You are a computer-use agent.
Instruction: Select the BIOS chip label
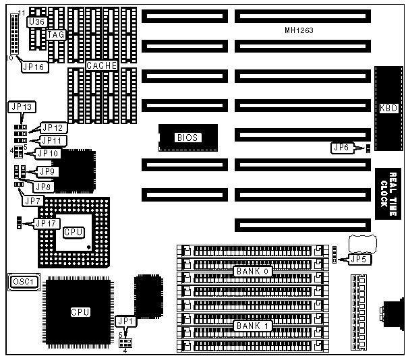pyautogui.click(x=187, y=138)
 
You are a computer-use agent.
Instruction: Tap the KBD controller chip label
pyautogui.click(x=388, y=109)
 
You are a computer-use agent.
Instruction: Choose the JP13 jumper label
pyautogui.click(x=23, y=107)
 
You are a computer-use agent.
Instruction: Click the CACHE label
pyautogui.click(x=102, y=65)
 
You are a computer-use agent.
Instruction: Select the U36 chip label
pyautogui.click(x=36, y=22)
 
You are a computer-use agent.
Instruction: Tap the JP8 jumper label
pyautogui.click(x=44, y=186)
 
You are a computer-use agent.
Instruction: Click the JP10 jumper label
pyautogui.click(x=49, y=154)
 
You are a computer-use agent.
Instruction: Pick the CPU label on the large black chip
pyautogui.click(x=82, y=313)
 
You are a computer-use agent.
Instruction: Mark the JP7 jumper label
pyautogui.click(x=32, y=200)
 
